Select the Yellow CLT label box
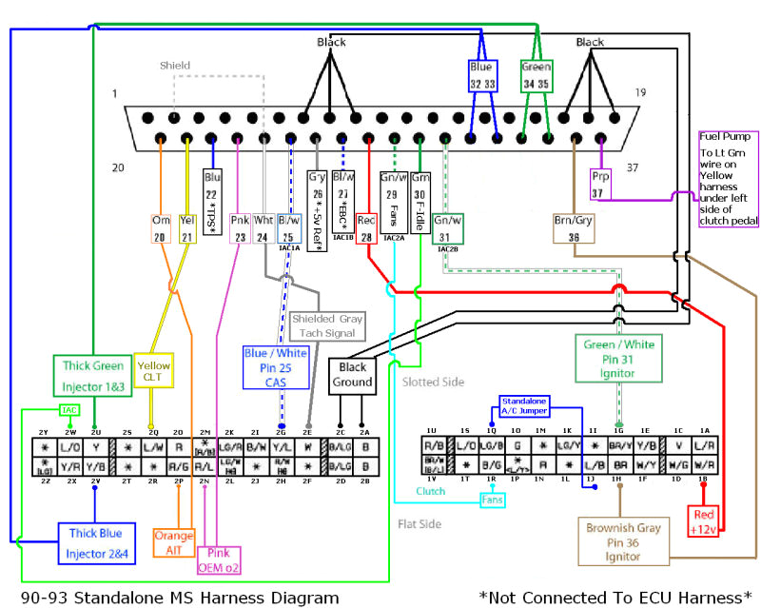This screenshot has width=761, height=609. (154, 371)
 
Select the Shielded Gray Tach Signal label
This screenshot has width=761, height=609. (327, 326)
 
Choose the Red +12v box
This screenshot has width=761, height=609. (704, 520)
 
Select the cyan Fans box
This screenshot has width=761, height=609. (491, 499)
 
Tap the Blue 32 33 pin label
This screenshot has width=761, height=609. (482, 76)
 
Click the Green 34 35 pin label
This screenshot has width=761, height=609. (536, 76)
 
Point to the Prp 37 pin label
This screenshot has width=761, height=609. (600, 187)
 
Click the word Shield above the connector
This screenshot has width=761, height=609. (175, 66)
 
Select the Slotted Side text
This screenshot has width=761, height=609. (433, 382)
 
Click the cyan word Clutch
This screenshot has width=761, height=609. (430, 491)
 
